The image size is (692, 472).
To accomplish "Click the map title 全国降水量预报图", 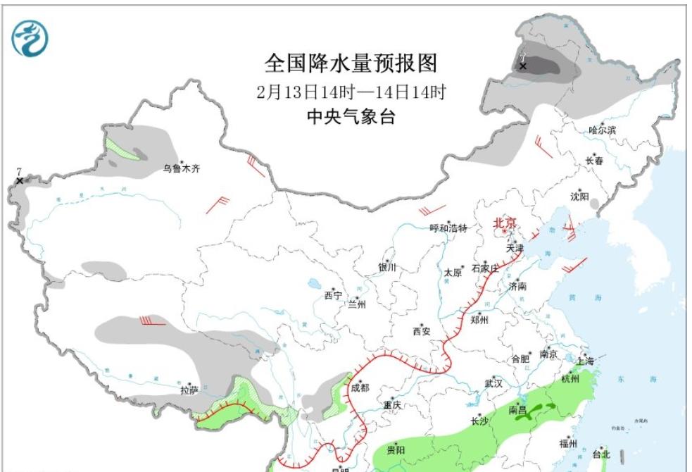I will point(351,63).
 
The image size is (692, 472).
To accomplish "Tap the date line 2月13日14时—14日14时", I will point(351,92).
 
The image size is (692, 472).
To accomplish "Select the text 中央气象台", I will point(351,117).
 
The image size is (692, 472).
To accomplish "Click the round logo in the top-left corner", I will point(30,38).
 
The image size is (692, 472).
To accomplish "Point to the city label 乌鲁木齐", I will point(182,168).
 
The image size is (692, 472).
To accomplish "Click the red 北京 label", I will point(505,223).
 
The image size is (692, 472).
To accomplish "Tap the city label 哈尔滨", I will point(602,130).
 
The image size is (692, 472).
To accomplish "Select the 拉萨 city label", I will point(189,390).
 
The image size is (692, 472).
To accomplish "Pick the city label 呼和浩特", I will point(448,228).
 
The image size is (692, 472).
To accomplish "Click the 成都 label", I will point(360,388).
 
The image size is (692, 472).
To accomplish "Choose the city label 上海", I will point(584,361).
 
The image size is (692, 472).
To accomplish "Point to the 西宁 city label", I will point(333,296).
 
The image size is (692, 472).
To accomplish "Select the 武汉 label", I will point(493,383).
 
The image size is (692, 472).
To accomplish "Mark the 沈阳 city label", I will point(579,196).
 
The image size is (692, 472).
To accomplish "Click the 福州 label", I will point(568,443).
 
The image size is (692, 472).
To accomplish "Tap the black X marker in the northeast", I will point(523,66).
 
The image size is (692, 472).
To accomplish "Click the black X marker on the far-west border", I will point(19,181).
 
